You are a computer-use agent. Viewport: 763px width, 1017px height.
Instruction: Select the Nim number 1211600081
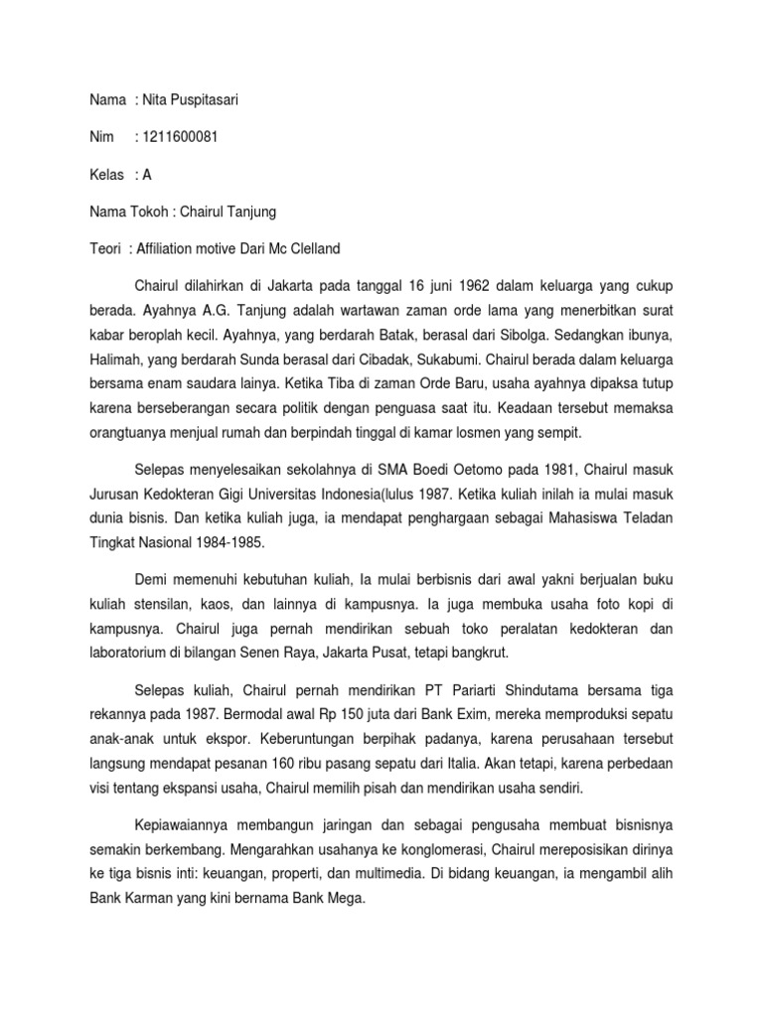[x=182, y=137]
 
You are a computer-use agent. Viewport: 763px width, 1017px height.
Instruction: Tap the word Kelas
[x=104, y=175]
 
